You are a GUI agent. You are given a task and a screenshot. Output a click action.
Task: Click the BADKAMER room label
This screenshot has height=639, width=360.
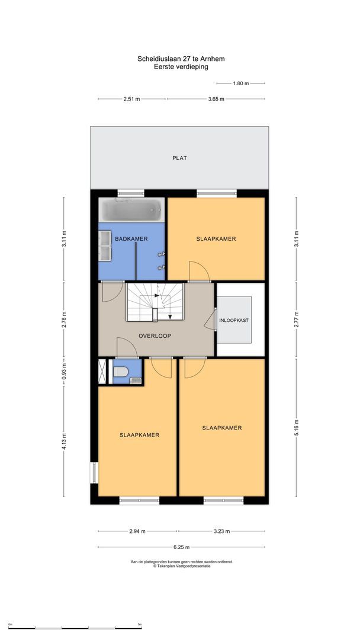pos(131,238)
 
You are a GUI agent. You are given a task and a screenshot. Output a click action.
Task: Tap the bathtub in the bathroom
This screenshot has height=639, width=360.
pos(131,209)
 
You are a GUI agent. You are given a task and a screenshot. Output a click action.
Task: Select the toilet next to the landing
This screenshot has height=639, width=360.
pos(121,373)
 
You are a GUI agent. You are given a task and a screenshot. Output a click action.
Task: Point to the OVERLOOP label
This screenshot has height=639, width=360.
pos(155,335)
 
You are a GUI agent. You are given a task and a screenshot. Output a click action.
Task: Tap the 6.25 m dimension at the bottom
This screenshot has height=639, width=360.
pos(181,546)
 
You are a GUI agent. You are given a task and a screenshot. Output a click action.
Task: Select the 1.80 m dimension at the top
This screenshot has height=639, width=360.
pos(242,83)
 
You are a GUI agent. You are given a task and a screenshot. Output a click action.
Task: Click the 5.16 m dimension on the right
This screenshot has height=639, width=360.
pos(297,426)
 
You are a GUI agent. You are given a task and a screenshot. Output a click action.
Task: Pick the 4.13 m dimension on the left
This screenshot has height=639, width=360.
pos(65,441)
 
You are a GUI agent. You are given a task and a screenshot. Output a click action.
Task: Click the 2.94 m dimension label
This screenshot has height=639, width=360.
pos(137,531)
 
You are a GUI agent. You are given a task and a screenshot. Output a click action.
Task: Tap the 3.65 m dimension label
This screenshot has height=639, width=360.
pos(216,99)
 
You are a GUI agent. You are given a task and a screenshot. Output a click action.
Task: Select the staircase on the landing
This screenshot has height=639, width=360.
pos(156,302)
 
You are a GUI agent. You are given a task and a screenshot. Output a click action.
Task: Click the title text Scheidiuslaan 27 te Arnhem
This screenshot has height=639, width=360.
pos(180,59)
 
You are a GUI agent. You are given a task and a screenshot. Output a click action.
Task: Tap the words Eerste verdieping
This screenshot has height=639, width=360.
pos(180,67)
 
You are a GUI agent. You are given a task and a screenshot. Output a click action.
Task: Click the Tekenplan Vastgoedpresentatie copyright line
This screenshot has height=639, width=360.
pos(181,566)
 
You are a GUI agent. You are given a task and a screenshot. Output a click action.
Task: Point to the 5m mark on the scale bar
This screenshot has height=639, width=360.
pos(140,624)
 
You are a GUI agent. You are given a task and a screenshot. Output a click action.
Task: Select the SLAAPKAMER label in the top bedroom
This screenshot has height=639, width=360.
pos(216,239)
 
